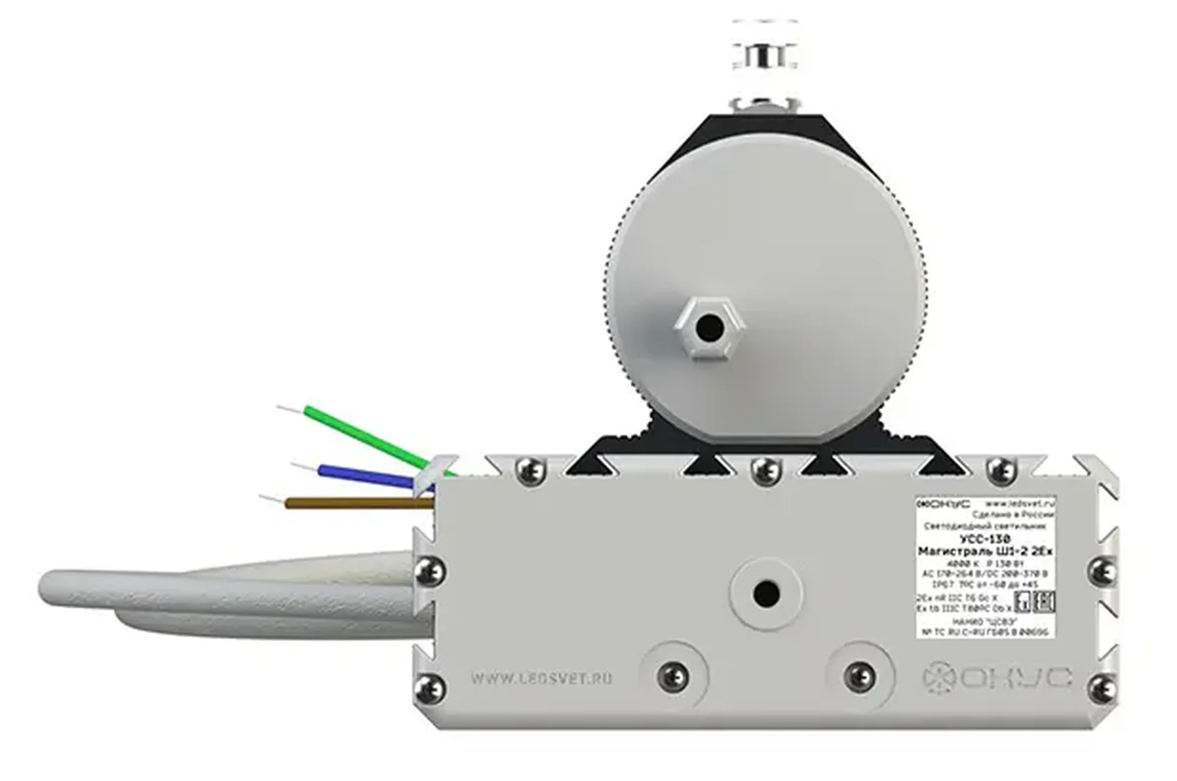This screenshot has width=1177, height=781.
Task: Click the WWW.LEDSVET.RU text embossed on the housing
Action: (x=541, y=678)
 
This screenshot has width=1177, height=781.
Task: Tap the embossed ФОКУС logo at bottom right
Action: (x=996, y=678)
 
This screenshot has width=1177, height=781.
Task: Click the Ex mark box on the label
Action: (x=1023, y=602)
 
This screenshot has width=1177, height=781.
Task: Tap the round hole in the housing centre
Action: (x=766, y=594)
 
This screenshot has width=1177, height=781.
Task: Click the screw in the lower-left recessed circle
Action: (x=673, y=676)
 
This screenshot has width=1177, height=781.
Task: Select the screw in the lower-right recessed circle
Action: (x=859, y=676)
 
